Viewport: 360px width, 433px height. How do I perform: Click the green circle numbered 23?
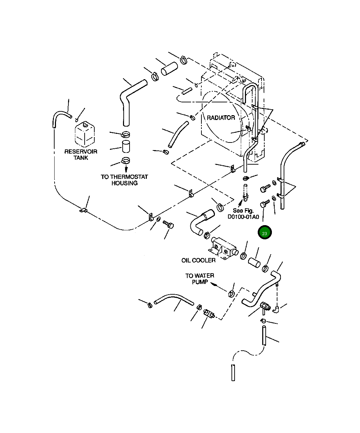(x=265, y=232)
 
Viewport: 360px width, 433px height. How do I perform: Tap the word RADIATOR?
(x=221, y=118)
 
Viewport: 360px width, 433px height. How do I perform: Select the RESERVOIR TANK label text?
(x=81, y=155)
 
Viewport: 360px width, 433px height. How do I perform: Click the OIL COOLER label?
(x=198, y=260)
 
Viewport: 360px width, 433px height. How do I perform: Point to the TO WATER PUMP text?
(x=200, y=279)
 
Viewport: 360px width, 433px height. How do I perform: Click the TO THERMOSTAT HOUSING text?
(x=124, y=180)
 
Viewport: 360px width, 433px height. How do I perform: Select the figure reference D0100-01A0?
(x=243, y=217)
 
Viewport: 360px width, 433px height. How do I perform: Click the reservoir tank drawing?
(x=85, y=134)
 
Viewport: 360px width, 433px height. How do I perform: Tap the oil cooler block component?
(x=223, y=248)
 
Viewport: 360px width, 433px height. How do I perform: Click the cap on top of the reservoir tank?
(x=85, y=125)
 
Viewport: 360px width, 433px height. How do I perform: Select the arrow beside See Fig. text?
(x=240, y=203)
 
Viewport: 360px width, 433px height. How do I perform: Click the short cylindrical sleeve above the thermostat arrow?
(x=126, y=147)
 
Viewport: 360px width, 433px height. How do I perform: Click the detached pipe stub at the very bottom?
(x=233, y=373)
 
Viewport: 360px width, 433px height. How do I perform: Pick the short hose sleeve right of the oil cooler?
(x=254, y=262)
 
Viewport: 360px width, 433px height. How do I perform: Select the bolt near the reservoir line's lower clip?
(x=168, y=224)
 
